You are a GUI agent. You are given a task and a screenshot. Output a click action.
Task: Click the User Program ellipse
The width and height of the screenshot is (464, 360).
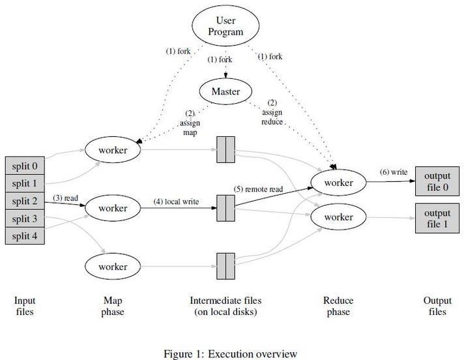coord(225,25)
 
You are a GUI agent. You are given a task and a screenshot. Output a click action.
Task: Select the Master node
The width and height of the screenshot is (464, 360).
coord(225,91)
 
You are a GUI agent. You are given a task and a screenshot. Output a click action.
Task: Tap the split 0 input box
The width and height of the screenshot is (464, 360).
coord(25,166)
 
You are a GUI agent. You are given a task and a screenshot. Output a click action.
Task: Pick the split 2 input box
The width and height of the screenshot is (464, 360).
coord(25,201)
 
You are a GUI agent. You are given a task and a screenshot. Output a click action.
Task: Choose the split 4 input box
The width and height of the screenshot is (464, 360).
coord(25,235)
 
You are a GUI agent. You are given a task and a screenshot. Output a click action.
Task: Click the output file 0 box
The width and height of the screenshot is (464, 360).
coord(437,181)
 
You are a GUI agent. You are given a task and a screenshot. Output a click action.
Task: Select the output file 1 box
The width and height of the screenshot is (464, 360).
coord(437,218)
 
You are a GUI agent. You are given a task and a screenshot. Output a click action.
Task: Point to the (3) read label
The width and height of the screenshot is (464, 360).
coord(66,198)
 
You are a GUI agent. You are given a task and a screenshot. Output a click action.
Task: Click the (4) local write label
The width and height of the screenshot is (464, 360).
coord(176,202)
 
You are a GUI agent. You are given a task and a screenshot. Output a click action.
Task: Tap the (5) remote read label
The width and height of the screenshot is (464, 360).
coord(258,189)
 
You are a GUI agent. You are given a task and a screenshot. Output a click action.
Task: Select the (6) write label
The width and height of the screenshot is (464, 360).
coord(394,172)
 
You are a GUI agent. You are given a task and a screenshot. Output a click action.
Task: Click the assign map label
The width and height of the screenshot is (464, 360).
coord(190,123)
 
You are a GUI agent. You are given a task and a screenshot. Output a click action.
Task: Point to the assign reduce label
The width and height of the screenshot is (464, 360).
coord(272,112)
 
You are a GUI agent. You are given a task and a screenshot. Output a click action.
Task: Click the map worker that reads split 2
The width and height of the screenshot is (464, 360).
coord(113,208)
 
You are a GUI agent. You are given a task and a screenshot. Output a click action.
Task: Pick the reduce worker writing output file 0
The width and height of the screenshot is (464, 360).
coord(338,183)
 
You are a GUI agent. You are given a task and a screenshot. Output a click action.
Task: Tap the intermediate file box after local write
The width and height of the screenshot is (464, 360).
coord(225,208)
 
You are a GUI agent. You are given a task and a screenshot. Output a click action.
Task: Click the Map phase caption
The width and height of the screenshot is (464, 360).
coord(113,306)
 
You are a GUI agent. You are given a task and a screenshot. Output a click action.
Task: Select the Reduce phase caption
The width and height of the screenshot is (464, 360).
coord(338,306)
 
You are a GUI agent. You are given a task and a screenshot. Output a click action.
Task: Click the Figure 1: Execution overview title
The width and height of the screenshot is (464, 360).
coord(231,353)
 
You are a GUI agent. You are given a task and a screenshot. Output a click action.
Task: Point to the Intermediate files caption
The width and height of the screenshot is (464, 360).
coord(225,306)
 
